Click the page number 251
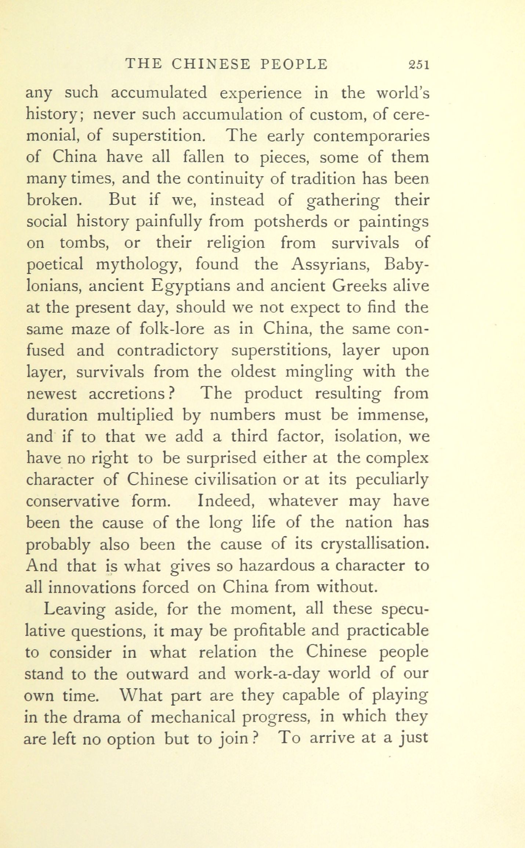pyautogui.click(x=419, y=64)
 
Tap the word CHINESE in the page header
pyautogui.click(x=211, y=64)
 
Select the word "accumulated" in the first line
pyautogui.click(x=159, y=93)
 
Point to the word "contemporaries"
pyautogui.click(x=371, y=136)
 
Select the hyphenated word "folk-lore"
pyautogui.click(x=172, y=329)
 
